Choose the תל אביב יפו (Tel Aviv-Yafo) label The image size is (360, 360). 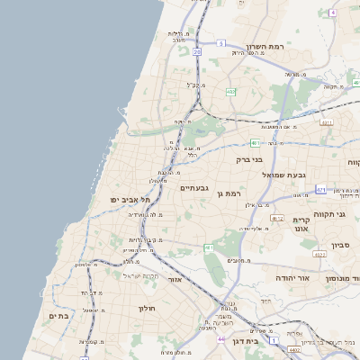coord(128,199)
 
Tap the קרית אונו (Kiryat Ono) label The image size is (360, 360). coord(300,224)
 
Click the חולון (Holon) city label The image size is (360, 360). coord(147,309)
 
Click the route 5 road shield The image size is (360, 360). coord(220,42)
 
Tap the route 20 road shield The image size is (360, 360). coord(196,51)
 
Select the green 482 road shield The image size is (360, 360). coord(231,91)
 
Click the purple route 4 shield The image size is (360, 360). coord(332,13)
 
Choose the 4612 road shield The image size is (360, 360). coord(277,218)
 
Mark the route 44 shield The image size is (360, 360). coord(221,340)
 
